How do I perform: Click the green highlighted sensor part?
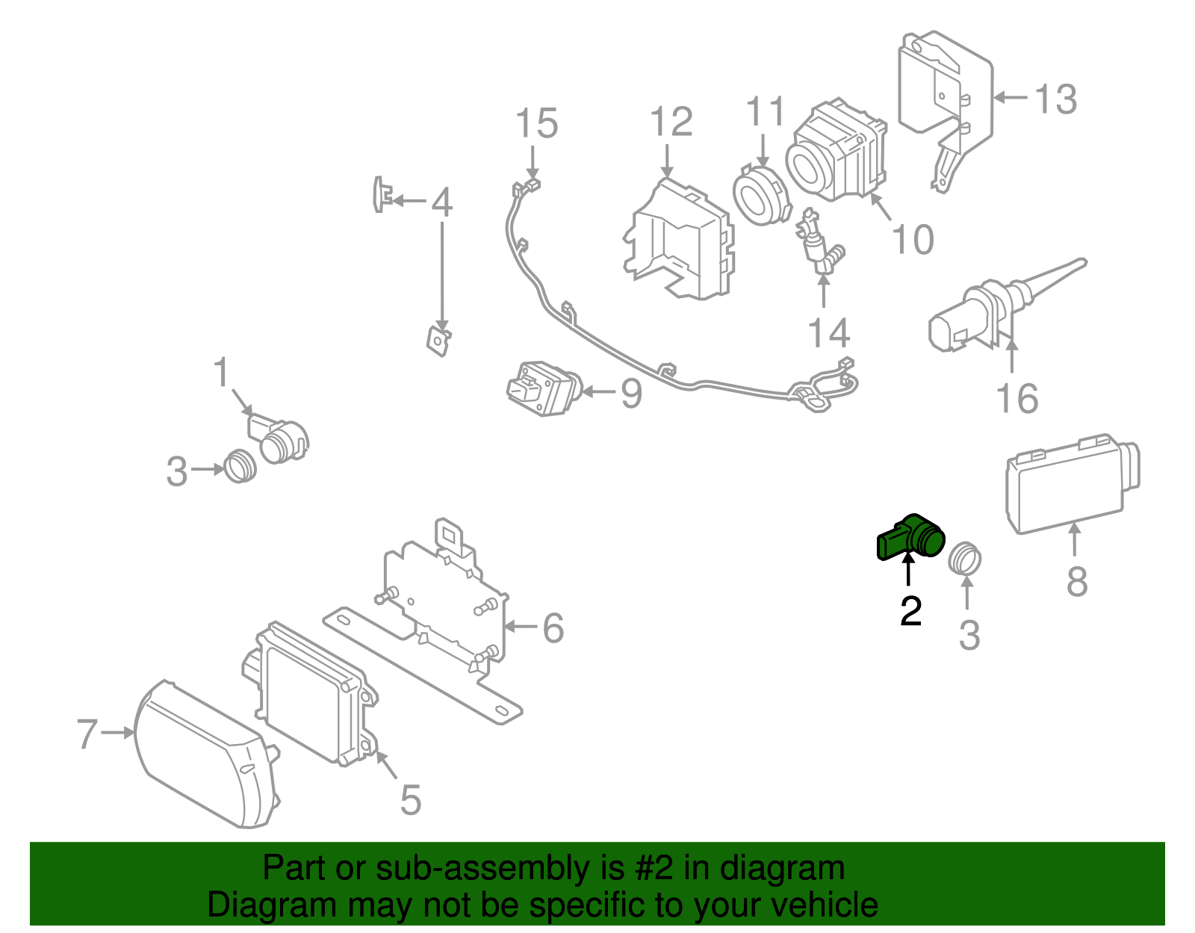pyautogui.click(x=912, y=537)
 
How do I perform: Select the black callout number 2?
pyautogui.click(x=910, y=610)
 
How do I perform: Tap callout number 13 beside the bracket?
pyautogui.click(x=1055, y=99)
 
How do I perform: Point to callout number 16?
pyautogui.click(x=1017, y=398)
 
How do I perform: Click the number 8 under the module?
pyautogui.click(x=1076, y=580)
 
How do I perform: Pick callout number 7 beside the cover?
pyautogui.click(x=87, y=734)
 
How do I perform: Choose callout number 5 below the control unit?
pyautogui.click(x=410, y=799)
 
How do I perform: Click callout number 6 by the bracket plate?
pyautogui.click(x=553, y=627)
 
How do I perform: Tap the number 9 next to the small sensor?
pyautogui.click(x=631, y=393)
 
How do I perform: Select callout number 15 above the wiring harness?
pyautogui.click(x=537, y=123)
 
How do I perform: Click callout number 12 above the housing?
pyautogui.click(x=671, y=122)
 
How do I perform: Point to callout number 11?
pyautogui.click(x=766, y=112)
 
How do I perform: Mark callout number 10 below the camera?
pyautogui.click(x=913, y=239)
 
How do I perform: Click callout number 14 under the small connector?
pyautogui.click(x=829, y=332)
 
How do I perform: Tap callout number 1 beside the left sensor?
pyautogui.click(x=221, y=372)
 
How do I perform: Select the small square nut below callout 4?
pyautogui.click(x=439, y=340)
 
